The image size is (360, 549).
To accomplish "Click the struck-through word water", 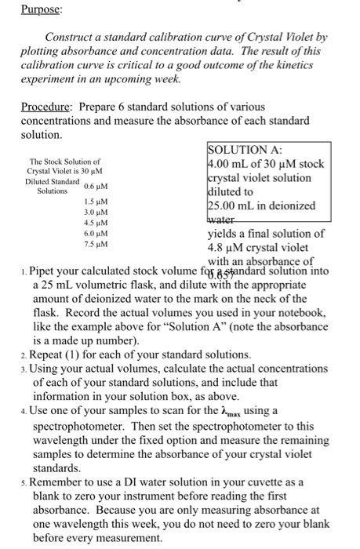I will [x=225, y=220].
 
